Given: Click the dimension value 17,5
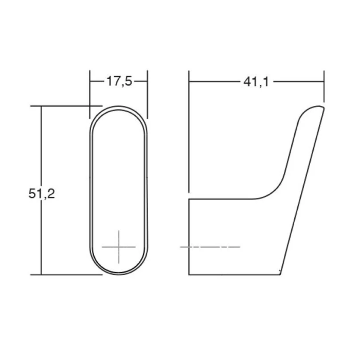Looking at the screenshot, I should coord(119,81).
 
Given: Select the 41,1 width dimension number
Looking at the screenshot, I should coord(256,81).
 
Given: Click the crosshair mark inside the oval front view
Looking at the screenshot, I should coord(119,247).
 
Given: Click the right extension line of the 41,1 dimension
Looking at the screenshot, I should coord(323,87).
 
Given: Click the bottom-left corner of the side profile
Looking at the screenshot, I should coord(189,274).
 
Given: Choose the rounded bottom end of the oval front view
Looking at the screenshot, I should coord(119,273).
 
